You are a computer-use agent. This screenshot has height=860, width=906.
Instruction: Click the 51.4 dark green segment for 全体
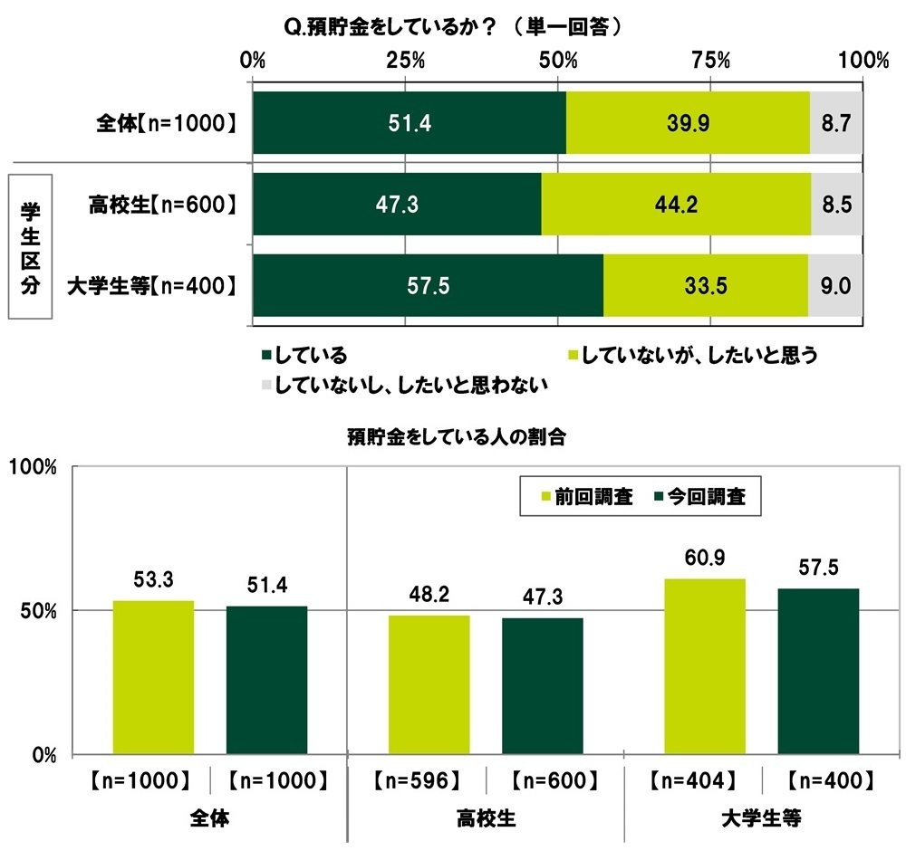409,122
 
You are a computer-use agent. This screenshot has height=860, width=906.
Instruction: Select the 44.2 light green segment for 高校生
675,205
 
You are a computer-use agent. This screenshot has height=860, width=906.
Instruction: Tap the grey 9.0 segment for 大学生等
834,285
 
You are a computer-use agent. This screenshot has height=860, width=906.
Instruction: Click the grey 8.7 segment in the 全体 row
835,122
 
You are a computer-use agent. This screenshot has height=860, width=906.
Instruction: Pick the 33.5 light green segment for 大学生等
705,285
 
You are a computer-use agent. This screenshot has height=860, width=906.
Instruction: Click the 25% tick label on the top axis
406,62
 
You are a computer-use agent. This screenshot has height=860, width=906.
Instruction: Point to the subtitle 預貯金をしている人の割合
456,438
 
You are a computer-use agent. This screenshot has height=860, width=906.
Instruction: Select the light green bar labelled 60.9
704,665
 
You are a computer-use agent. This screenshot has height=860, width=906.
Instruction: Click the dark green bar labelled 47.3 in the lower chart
542,685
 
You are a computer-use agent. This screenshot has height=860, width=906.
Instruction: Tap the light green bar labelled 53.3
153,676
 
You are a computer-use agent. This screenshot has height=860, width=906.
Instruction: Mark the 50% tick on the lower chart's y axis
40,610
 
